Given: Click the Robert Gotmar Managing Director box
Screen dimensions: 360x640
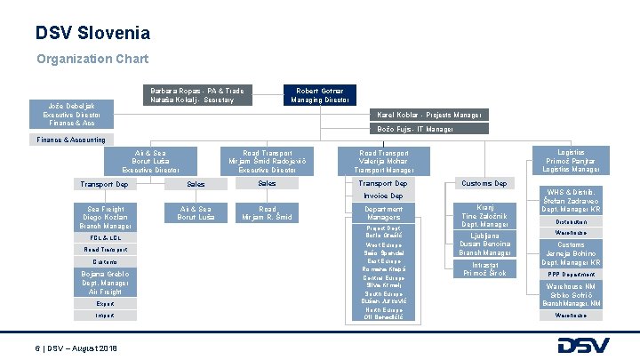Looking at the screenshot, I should click(321, 95).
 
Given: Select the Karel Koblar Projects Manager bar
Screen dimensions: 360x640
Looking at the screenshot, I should click(428, 115).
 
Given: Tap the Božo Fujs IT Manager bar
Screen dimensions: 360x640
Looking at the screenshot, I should click(428, 129).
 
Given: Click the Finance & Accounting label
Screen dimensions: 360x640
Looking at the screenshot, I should click(71, 140).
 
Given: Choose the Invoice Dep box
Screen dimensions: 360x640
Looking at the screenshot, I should click(383, 196).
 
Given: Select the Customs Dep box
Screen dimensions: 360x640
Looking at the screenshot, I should click(484, 184).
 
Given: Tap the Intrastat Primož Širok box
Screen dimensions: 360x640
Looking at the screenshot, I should click(485, 268).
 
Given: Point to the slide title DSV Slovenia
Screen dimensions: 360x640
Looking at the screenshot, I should click(92, 34).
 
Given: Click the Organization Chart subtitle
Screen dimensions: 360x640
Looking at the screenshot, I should click(92, 60).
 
